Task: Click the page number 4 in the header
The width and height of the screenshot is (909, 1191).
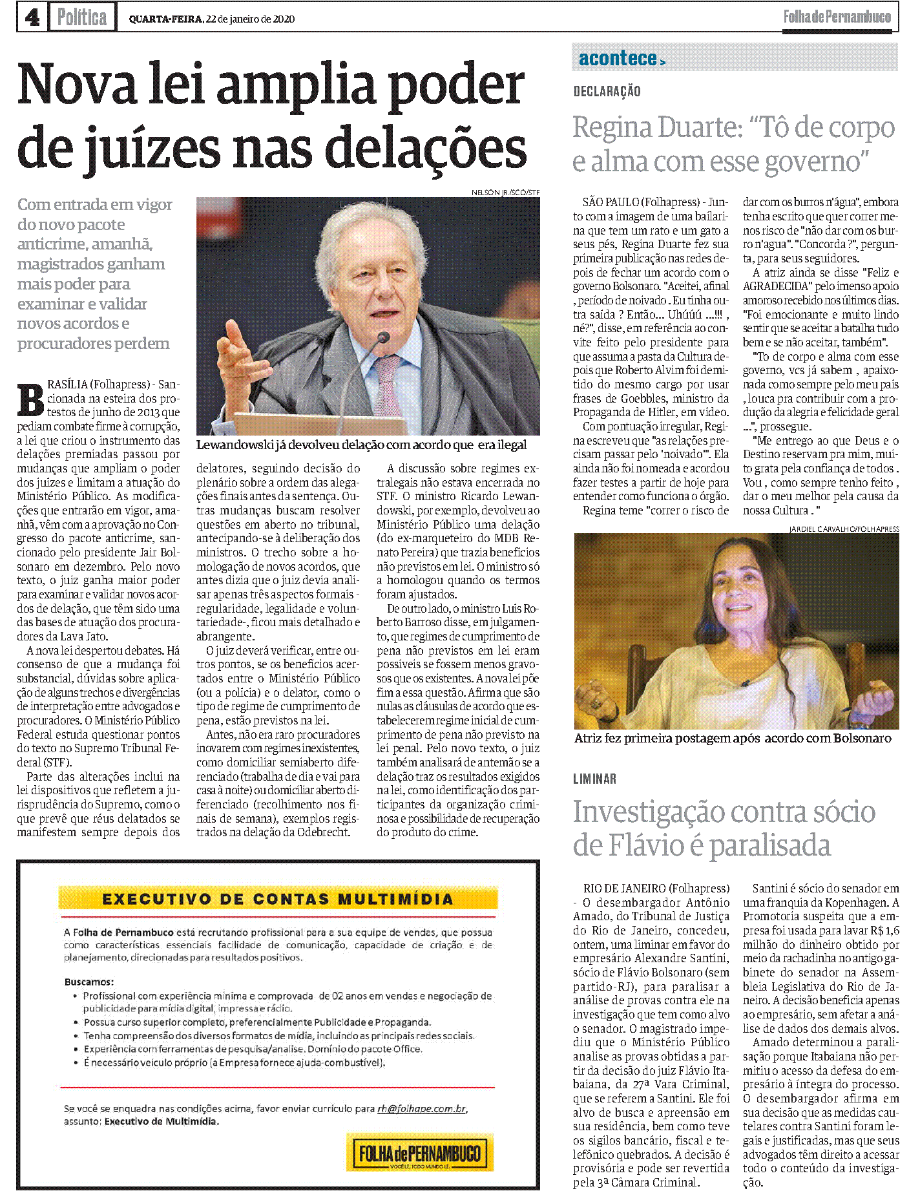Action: [x=32, y=17]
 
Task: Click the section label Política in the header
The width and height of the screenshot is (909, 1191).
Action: [x=81, y=17]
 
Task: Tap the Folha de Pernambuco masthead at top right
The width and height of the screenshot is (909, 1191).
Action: [x=837, y=17]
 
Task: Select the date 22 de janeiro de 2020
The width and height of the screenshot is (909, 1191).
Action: [x=250, y=19]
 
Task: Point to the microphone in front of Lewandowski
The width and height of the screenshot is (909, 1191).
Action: [x=382, y=338]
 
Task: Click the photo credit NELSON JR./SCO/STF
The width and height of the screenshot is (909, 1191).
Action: [x=505, y=193]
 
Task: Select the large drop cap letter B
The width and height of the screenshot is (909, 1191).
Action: [x=30, y=400]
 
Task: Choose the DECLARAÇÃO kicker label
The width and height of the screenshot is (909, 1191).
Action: [x=607, y=92]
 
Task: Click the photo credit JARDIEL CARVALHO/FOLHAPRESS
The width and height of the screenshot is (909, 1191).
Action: [x=844, y=529]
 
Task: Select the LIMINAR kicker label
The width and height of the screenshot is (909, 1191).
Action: [x=594, y=779]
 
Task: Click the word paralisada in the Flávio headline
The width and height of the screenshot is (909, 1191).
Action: [x=765, y=845]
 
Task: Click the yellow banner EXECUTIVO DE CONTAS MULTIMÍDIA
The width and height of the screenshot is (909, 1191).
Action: [x=277, y=899]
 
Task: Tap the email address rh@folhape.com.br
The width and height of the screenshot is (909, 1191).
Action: [x=421, y=1108]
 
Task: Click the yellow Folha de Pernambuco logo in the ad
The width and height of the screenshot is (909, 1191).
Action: [x=420, y=1152]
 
